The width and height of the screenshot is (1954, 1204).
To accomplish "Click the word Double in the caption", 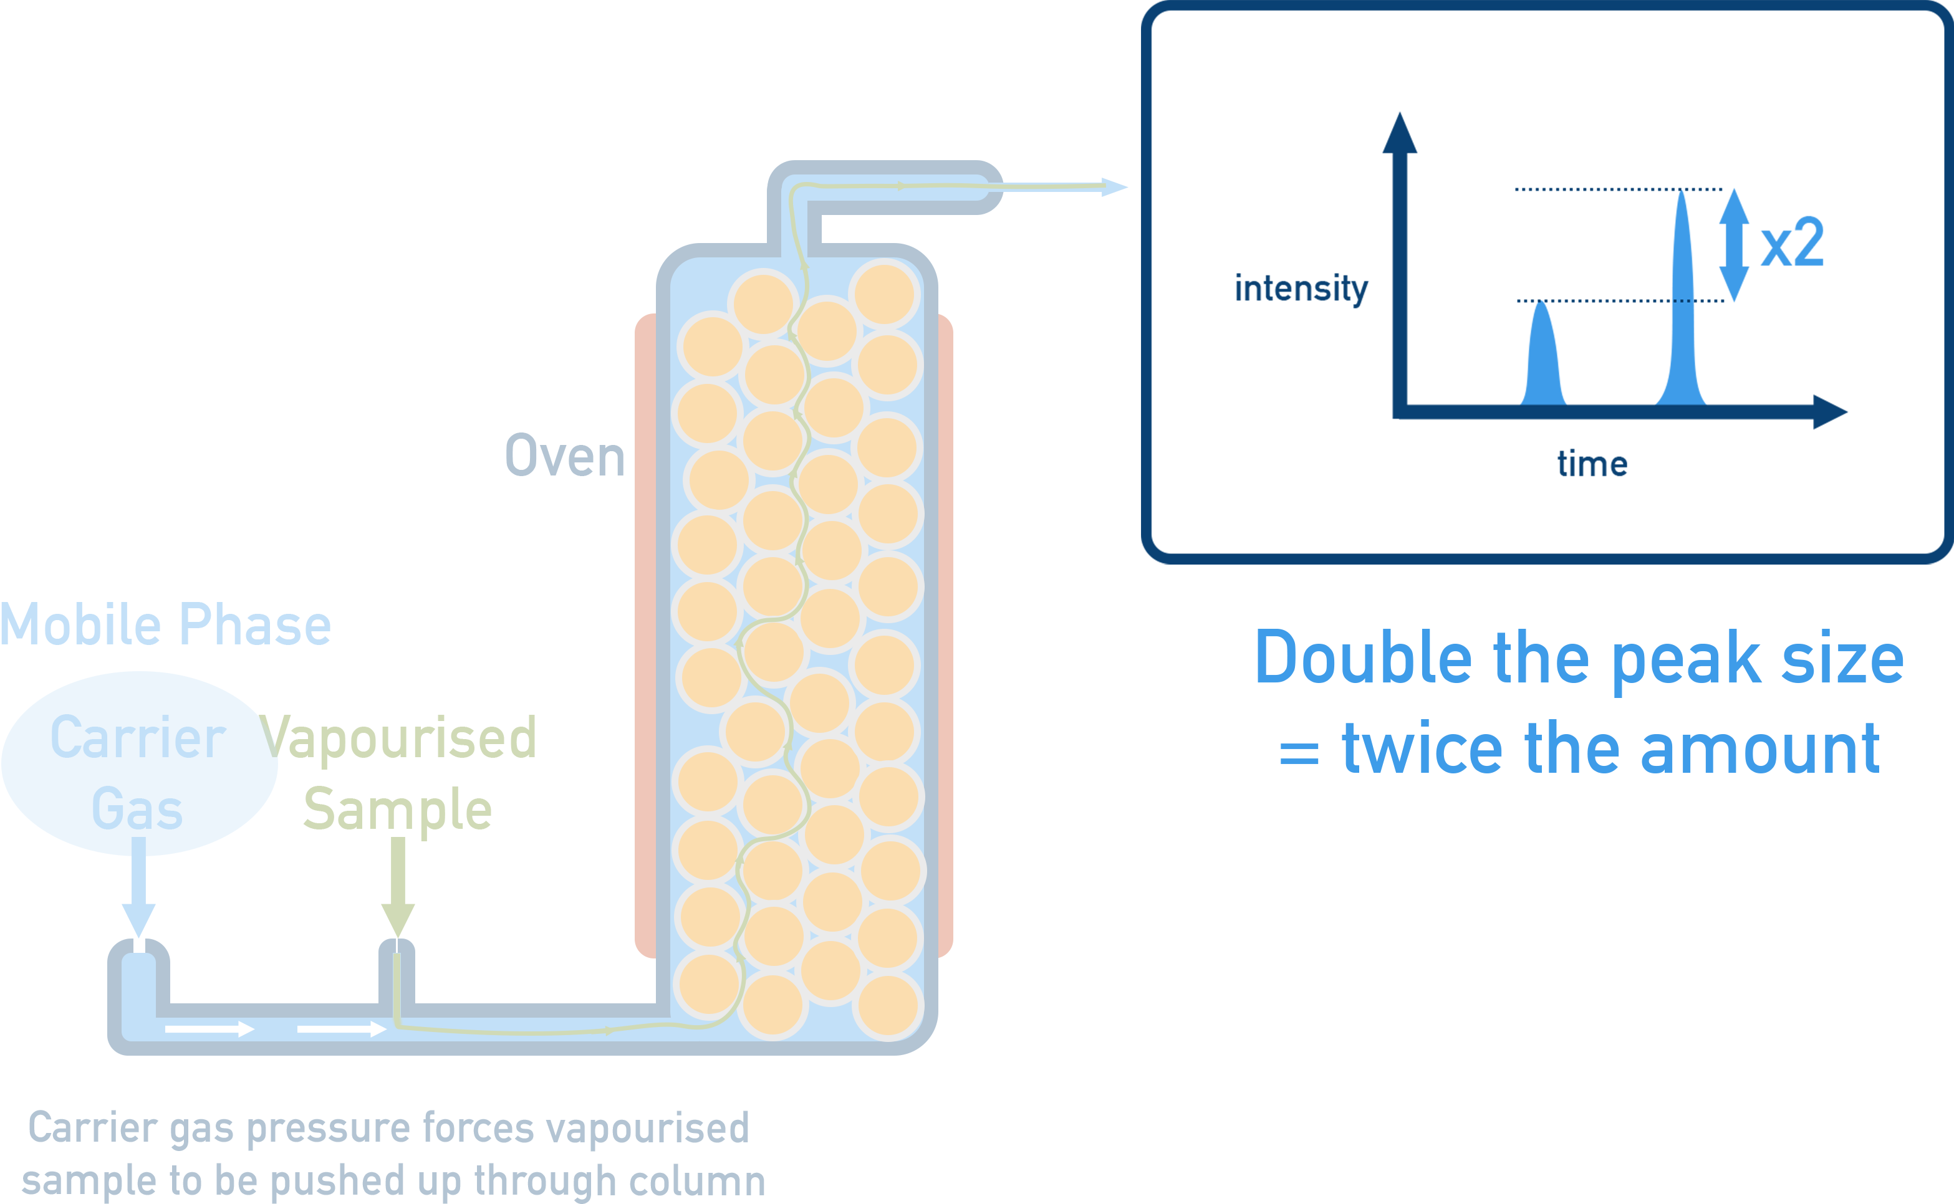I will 1363,657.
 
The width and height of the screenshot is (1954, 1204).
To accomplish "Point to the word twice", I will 1422,748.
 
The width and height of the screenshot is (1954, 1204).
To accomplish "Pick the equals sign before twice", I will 1299,753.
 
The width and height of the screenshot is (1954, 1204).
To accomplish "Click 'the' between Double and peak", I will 1541,657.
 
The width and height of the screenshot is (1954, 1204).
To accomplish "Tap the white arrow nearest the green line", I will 342,1030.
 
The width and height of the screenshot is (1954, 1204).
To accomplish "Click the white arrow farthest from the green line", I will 209,1030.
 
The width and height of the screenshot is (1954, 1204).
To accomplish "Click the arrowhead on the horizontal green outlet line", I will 902,186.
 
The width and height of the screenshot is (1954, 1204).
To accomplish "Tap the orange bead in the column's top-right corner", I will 884,294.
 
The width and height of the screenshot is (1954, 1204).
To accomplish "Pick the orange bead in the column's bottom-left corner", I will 708,984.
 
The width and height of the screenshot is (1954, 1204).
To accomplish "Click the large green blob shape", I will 422,780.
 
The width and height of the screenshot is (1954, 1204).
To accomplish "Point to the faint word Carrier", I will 143,737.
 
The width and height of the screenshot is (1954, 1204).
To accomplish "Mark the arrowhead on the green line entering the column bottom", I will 609,1030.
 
